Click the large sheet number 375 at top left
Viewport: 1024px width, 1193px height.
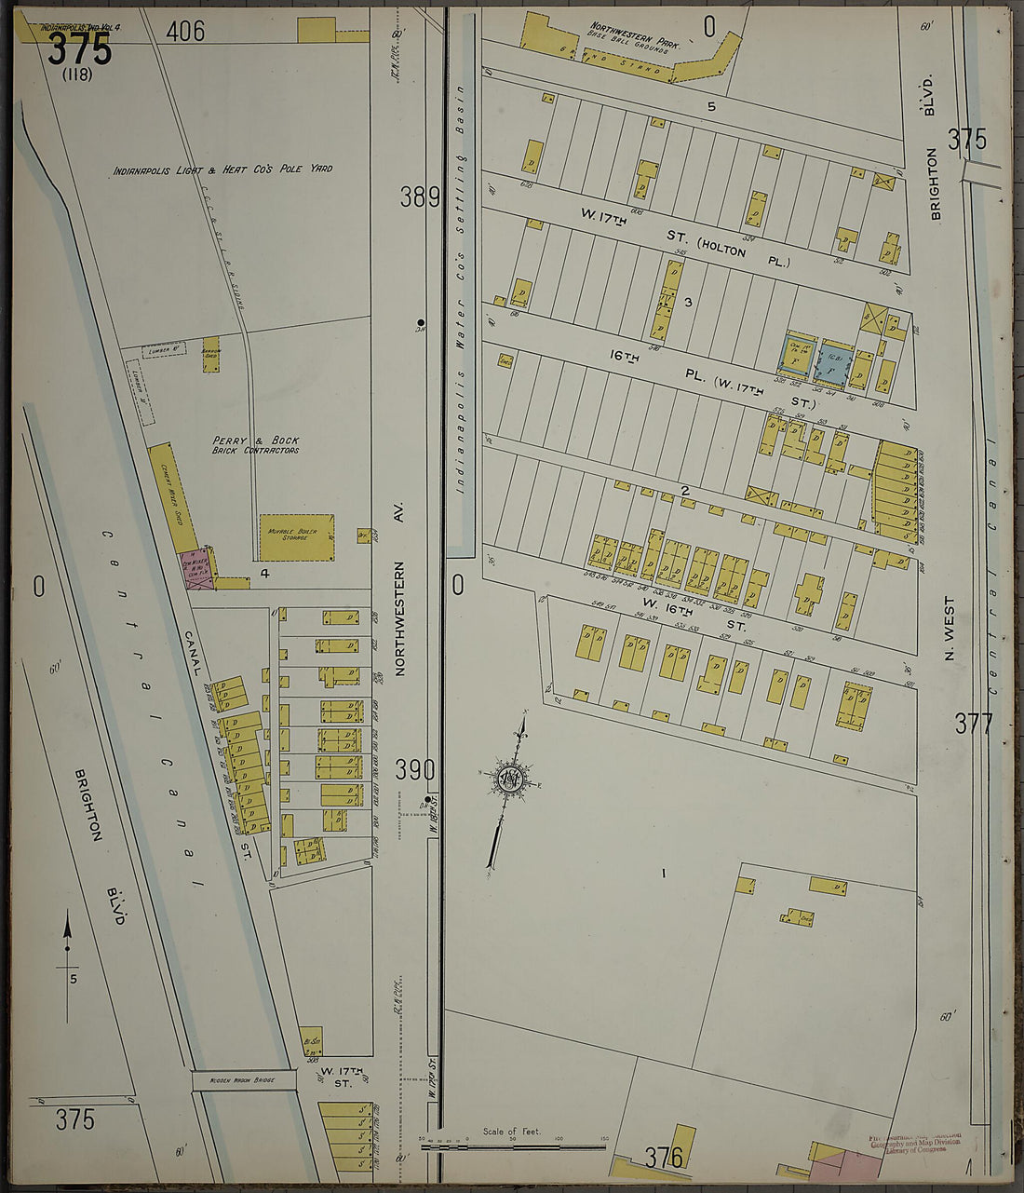pos(80,48)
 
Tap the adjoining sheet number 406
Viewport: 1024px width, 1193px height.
pos(185,32)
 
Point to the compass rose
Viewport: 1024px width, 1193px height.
pos(509,779)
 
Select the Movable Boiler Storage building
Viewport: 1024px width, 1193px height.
pos(296,537)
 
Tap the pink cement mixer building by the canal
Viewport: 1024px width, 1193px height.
pos(195,573)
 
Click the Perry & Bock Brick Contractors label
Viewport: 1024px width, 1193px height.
pos(256,445)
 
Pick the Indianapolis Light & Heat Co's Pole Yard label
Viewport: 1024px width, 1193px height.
pos(222,170)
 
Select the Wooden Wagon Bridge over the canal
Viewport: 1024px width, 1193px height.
pos(244,1080)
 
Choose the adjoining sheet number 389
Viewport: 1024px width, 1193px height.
pos(420,197)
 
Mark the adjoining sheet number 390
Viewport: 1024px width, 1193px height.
pos(414,770)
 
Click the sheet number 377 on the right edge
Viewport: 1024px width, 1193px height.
pos(974,723)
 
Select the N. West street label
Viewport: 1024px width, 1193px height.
pos(950,629)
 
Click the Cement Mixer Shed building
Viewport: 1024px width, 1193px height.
pos(173,496)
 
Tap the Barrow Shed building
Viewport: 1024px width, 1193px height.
pos(211,354)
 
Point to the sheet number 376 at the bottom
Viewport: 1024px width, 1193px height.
pos(665,1158)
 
